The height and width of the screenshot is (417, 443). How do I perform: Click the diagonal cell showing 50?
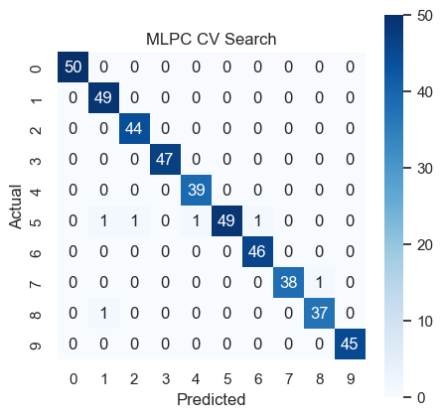pos(74,67)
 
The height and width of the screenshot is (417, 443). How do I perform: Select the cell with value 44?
pos(135,128)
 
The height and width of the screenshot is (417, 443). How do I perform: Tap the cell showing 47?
pos(166,159)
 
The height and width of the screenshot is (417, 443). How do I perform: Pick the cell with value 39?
pos(197,190)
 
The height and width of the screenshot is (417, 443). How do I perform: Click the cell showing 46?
pos(258,251)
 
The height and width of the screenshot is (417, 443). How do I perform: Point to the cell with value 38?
pos(289,282)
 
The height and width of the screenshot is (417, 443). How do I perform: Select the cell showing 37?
pos(320,313)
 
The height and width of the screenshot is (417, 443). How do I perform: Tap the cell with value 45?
pos(351,344)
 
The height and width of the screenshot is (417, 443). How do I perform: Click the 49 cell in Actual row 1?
pos(104,97)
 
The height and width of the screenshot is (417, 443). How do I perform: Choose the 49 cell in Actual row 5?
pos(227,220)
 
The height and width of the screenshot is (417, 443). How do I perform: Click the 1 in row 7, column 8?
pos(320,282)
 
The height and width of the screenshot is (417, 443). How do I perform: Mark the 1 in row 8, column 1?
pos(104,313)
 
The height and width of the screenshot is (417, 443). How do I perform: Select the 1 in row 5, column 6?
pos(258,220)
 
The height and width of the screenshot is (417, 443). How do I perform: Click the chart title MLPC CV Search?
pos(212,39)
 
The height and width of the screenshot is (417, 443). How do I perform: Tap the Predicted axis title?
pos(212,399)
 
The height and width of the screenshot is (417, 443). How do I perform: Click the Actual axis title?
pos(15,207)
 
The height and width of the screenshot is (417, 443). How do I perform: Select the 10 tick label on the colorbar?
pos(425,322)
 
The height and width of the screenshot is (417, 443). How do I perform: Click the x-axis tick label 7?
pos(289,379)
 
